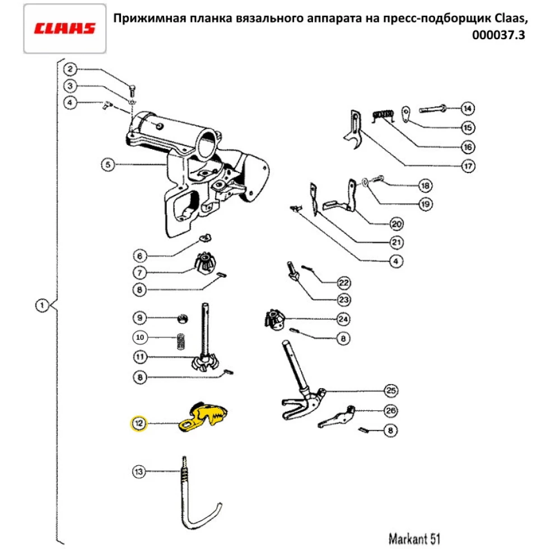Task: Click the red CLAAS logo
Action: coord(65,29)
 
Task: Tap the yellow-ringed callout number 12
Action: coord(137,424)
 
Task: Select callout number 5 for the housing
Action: coord(108,165)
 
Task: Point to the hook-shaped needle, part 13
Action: coord(190,504)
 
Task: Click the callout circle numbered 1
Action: coord(41,306)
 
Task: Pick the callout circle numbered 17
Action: coord(468,166)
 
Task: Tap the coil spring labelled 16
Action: coord(384,115)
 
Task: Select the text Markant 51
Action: coord(414,539)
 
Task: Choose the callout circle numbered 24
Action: coord(343,319)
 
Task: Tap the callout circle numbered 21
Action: coord(396,242)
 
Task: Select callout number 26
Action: coord(391,411)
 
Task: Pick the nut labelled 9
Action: coord(181,319)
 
